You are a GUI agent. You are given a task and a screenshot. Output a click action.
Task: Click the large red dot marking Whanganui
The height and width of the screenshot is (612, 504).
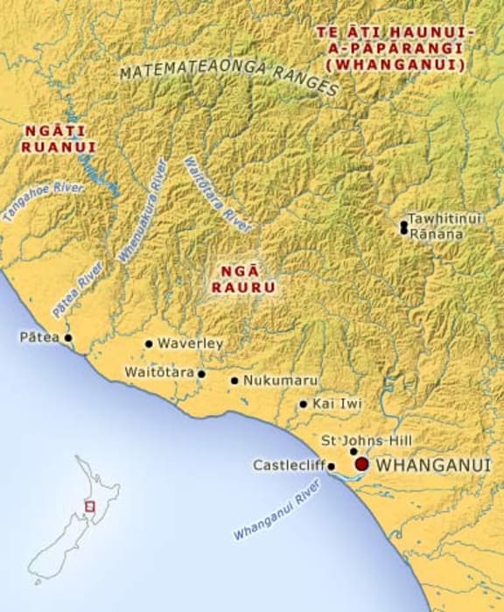361,465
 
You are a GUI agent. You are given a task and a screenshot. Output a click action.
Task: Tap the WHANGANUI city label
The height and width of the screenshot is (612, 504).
432,466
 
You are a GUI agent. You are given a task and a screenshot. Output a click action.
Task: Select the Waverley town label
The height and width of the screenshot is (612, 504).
190,344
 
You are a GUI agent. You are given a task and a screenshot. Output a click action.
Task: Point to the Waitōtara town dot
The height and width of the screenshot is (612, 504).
201,374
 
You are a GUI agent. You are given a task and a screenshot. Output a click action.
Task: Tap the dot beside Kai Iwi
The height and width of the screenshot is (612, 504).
303,404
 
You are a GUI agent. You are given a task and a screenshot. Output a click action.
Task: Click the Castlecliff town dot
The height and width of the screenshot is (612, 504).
331,467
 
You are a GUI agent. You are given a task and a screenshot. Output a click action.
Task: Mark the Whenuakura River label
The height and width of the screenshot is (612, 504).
141,211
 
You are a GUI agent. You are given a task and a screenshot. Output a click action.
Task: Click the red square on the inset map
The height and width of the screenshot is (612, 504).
88,505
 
